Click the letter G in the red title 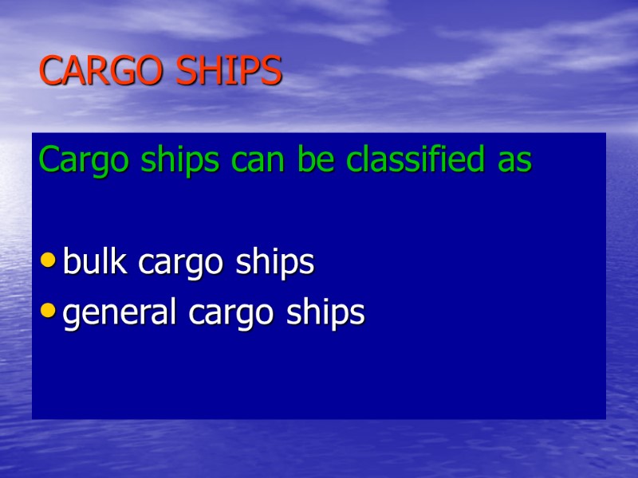(x=127, y=72)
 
